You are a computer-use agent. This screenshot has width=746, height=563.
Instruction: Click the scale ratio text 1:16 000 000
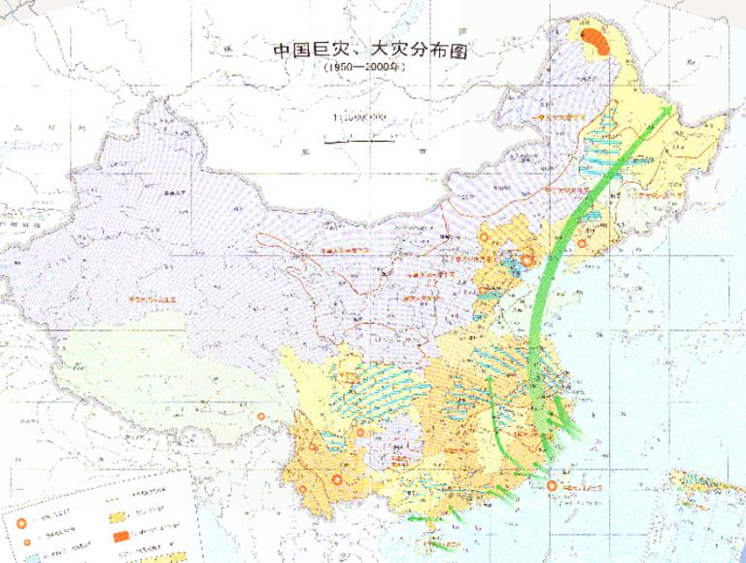(359, 118)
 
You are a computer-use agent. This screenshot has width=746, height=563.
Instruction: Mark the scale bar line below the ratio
(359, 141)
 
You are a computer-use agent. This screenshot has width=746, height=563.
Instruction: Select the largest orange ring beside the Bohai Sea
(527, 260)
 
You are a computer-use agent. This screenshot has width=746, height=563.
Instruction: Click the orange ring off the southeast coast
(552, 485)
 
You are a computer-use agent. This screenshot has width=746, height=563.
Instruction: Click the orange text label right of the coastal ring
(580, 484)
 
